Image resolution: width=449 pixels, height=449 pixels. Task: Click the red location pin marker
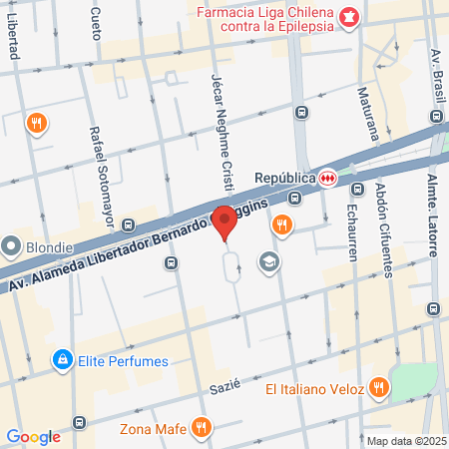(225, 223)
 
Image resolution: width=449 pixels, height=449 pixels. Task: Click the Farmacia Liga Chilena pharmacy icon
(349, 16)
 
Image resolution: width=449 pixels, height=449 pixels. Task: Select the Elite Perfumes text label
(123, 360)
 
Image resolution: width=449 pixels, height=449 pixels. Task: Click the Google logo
(33, 436)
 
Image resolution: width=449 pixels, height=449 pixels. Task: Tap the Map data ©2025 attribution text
(404, 441)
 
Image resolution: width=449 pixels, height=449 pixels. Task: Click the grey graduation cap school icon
(267, 262)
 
